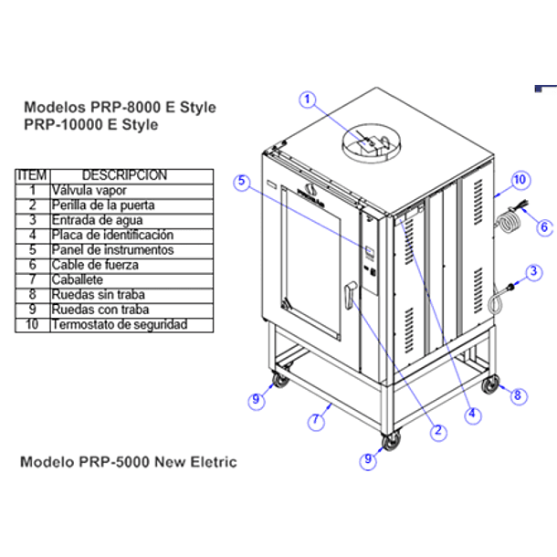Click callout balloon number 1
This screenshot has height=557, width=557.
[x=308, y=100]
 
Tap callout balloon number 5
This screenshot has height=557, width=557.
[x=242, y=182]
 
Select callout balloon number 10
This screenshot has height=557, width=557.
[x=520, y=180]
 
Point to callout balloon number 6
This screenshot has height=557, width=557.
[x=544, y=227]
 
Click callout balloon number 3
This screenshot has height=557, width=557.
[x=533, y=272]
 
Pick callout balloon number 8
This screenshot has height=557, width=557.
[x=518, y=395]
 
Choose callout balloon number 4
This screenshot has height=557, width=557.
[x=472, y=415]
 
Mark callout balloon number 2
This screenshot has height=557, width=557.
[x=438, y=432]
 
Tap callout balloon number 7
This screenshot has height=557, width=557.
[x=316, y=421]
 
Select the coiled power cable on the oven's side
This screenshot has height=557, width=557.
[x=507, y=222]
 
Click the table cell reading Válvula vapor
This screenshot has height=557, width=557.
[x=131, y=191]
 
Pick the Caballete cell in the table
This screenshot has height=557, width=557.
[x=131, y=280]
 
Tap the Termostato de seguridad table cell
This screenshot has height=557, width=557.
[x=131, y=325]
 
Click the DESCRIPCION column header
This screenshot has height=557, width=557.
[x=131, y=176]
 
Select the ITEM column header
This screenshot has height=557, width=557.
[x=33, y=176]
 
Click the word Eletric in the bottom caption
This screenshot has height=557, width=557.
[x=214, y=462]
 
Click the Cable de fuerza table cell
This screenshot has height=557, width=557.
[x=131, y=266]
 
